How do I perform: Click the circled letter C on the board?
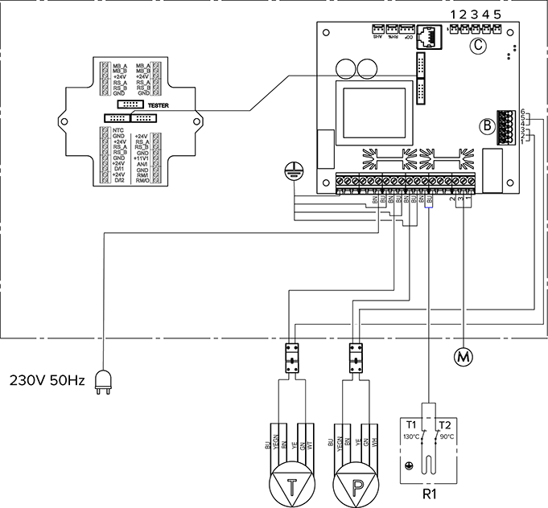(477, 45)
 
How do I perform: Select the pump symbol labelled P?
(352, 480)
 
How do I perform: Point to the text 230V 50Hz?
(45, 378)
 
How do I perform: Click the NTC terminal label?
(117, 130)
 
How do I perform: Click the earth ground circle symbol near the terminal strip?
(293, 170)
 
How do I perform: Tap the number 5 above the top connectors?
(498, 14)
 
